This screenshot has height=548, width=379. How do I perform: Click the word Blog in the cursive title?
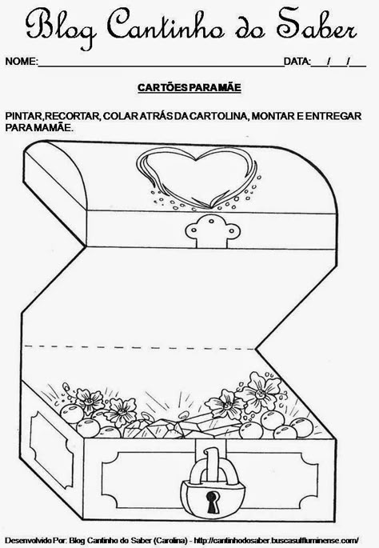pyautogui.click(x=61, y=26)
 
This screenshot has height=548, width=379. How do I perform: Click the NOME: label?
pyautogui.click(x=22, y=62)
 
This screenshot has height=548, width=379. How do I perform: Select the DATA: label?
pyautogui.click(x=297, y=62)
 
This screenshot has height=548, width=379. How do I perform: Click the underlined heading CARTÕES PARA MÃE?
pyautogui.click(x=189, y=87)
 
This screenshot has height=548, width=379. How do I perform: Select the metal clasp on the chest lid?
pyautogui.click(x=213, y=231)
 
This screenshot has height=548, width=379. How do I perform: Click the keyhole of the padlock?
pyautogui.click(x=212, y=501)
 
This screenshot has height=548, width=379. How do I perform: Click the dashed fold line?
pyautogui.click(x=139, y=347)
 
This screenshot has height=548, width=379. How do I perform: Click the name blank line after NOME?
pyautogui.click(x=161, y=66)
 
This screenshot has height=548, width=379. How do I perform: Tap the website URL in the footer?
pyautogui.click(x=276, y=540)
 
